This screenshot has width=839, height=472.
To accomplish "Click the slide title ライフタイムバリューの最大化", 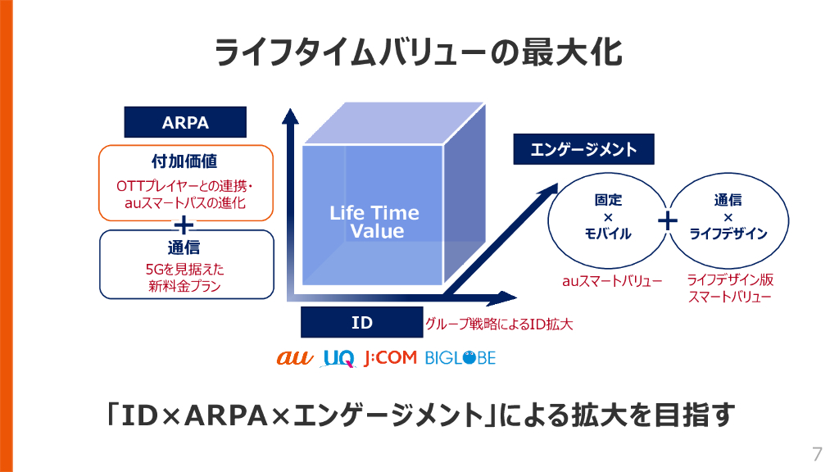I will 419,52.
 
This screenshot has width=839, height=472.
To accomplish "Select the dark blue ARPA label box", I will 185,123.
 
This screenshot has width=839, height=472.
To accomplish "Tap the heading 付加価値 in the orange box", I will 185,160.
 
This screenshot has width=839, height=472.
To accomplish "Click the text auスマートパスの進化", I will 185,202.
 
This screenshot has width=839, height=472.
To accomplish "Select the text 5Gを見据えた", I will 185,269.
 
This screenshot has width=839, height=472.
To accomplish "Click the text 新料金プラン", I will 185,286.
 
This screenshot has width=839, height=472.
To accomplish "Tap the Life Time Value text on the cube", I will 374,222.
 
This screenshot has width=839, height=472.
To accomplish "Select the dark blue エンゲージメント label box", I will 583,150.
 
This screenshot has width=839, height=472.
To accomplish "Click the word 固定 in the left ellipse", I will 608,200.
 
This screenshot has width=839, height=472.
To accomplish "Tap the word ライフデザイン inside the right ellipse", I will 728,234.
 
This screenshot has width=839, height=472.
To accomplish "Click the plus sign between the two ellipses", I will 669,220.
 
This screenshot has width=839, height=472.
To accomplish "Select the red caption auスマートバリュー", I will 612,281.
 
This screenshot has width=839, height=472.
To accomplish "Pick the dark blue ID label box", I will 361,323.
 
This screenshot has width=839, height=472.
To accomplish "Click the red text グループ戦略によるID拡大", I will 498,324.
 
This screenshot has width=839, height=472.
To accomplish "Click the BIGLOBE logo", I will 460,358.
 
